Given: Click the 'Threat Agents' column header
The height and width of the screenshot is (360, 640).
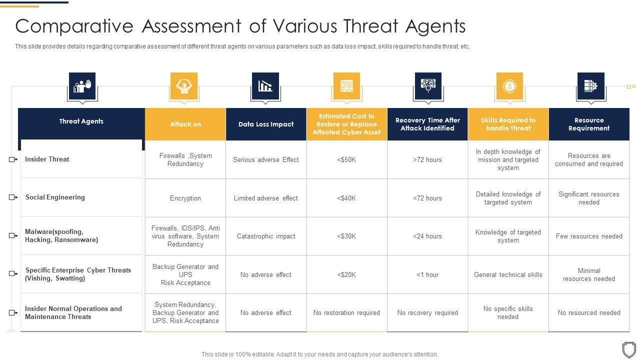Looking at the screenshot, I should pos(81,121).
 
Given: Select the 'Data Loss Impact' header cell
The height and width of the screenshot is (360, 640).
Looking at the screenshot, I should pos(266,124).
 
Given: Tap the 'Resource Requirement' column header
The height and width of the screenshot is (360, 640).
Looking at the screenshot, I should pos(589,124).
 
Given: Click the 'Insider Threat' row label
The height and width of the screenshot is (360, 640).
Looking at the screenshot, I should pos(47,159).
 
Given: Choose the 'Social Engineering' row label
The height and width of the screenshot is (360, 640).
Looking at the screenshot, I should pos(55,197).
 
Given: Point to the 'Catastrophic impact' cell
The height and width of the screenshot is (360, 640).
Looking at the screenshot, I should pos(266,236).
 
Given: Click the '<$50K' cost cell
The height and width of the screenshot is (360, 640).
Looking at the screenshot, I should pos(346,160).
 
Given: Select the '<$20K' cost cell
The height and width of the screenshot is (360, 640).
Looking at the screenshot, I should pos(346,275).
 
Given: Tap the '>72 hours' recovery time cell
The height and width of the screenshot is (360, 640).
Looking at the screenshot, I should pos(427,160).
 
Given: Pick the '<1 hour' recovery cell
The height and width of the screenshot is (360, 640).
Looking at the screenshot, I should pos(427,275).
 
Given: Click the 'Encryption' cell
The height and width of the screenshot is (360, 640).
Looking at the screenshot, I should pos(185,198).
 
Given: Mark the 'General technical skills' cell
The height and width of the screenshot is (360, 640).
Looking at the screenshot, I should pos(508,275).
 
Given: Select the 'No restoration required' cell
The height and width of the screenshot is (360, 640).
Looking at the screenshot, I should pos(346,313).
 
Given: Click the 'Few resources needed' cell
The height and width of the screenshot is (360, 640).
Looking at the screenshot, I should pos(589,236).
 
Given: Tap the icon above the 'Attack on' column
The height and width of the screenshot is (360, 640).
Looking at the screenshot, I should pos(184,86).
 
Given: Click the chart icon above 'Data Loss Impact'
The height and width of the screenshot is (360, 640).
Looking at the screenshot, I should pos(265,86).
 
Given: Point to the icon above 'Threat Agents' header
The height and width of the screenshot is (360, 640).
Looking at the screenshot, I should pos(82,86).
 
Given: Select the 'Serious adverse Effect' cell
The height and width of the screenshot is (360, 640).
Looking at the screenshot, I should pos(266,160).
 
